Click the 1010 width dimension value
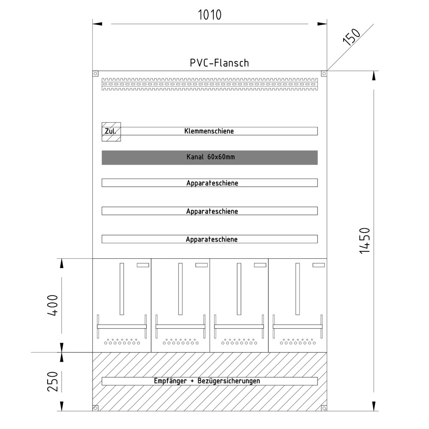click(x=209, y=15)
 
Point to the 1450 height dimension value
click(x=364, y=240)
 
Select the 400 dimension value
click(x=53, y=305)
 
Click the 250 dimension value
click(x=52, y=381)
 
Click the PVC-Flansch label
click(x=219, y=63)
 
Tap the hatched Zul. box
click(x=111, y=131)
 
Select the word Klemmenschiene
click(x=209, y=131)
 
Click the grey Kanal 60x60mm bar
click(x=209, y=157)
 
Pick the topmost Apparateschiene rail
click(x=209, y=183)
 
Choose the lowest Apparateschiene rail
click(x=209, y=239)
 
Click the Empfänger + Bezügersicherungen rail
click(x=209, y=381)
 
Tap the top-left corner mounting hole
click(x=96, y=74)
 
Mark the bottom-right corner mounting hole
click(x=323, y=408)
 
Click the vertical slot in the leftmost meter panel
click(x=122, y=288)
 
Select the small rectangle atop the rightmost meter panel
click(x=319, y=265)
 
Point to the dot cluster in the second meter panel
click(x=180, y=342)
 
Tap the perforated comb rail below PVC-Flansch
click(x=209, y=84)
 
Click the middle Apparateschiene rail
click(x=209, y=211)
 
